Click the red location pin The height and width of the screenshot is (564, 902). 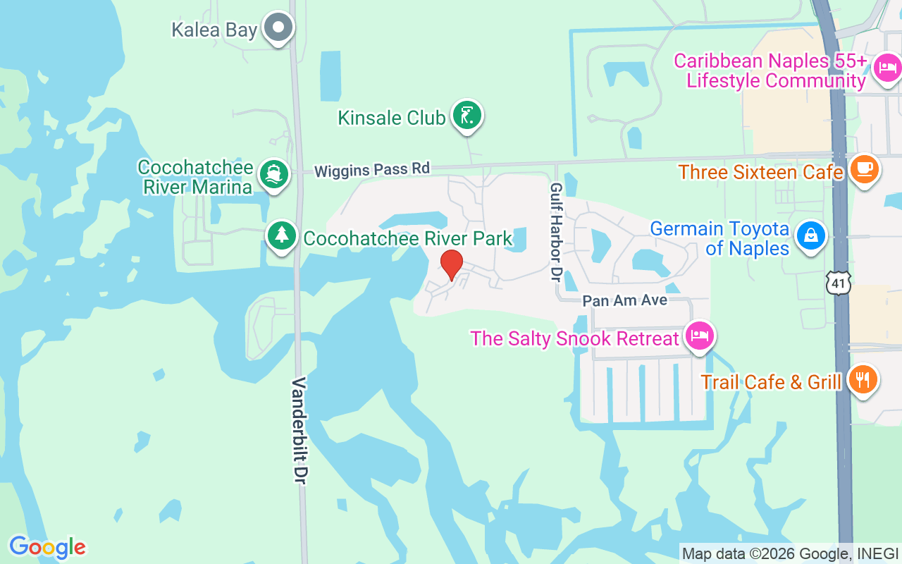452,265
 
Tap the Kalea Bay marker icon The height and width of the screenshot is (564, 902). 278,28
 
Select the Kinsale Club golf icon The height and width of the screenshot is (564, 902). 466,115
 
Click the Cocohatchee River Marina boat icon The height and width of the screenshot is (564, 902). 273,174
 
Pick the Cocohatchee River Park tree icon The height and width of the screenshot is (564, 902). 282,235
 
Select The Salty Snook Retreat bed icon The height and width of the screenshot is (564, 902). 698,337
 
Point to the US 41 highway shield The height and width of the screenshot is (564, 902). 839,283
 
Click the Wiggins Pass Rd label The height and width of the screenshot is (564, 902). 371,170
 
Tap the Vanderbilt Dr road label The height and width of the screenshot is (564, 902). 300,430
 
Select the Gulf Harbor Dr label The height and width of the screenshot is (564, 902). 556,232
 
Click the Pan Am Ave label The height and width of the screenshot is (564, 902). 624,301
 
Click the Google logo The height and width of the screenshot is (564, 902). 47,547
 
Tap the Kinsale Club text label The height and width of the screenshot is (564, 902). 391,118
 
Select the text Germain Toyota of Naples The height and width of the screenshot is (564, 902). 719,238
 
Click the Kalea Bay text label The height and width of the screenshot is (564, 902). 214,30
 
